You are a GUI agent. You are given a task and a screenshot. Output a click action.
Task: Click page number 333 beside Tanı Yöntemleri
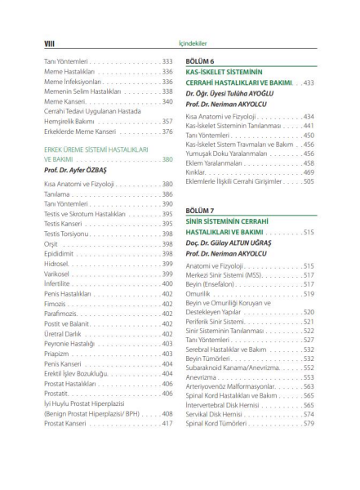coord(167,61)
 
